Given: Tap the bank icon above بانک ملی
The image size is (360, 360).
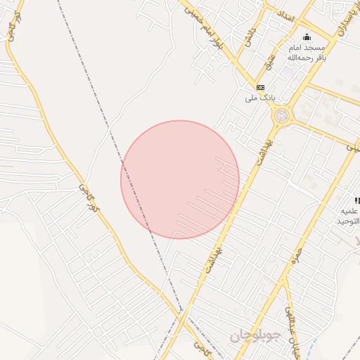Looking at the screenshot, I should (260, 86).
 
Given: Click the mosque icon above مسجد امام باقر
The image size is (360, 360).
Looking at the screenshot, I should (306, 37).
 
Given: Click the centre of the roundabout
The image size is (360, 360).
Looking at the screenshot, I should (282, 115).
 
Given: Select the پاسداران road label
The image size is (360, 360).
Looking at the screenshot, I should (338, 20).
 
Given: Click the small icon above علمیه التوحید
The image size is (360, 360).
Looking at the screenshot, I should (357, 201).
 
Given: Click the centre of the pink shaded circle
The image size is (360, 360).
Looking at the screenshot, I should (180, 179).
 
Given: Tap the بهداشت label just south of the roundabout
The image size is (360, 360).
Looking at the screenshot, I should (264, 147).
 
